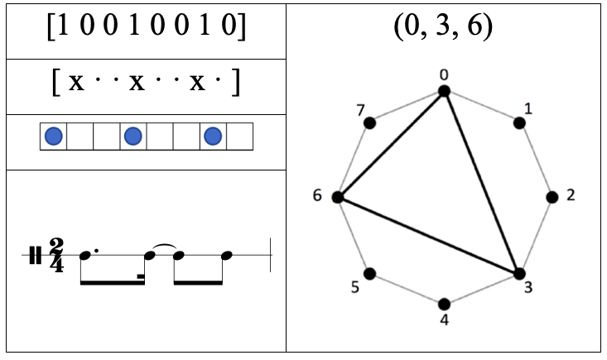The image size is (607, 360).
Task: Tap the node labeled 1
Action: pyautogui.click(x=519, y=122)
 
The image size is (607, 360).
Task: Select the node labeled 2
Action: pyautogui.click(x=552, y=197)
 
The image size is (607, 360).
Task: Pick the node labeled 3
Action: pyautogui.click(x=519, y=273)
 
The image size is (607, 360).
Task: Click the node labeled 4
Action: pyautogui.click(x=445, y=304)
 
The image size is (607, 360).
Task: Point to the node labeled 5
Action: pyautogui.click(x=370, y=273)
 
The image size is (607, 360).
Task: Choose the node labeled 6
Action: pyautogui.click(x=338, y=197)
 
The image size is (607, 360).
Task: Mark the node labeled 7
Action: pyautogui.click(x=370, y=122)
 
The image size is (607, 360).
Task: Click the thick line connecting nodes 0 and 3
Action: pyautogui.click(x=482, y=182)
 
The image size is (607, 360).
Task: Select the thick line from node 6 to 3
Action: pyautogui.click(x=428, y=235)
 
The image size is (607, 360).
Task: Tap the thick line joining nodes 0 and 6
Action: pyautogui.click(x=391, y=144)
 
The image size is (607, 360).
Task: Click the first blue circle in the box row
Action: pyautogui.click(x=53, y=136)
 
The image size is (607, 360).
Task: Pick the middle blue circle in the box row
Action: pyautogui.click(x=132, y=136)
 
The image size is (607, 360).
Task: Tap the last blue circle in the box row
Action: pyautogui.click(x=213, y=136)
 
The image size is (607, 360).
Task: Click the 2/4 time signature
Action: pyautogui.click(x=56, y=256)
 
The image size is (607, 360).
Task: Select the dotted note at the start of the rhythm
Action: pyautogui.click(x=85, y=256)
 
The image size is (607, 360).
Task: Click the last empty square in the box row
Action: pyautogui.click(x=239, y=136)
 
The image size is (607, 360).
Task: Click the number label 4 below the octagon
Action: pyautogui.click(x=445, y=319)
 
